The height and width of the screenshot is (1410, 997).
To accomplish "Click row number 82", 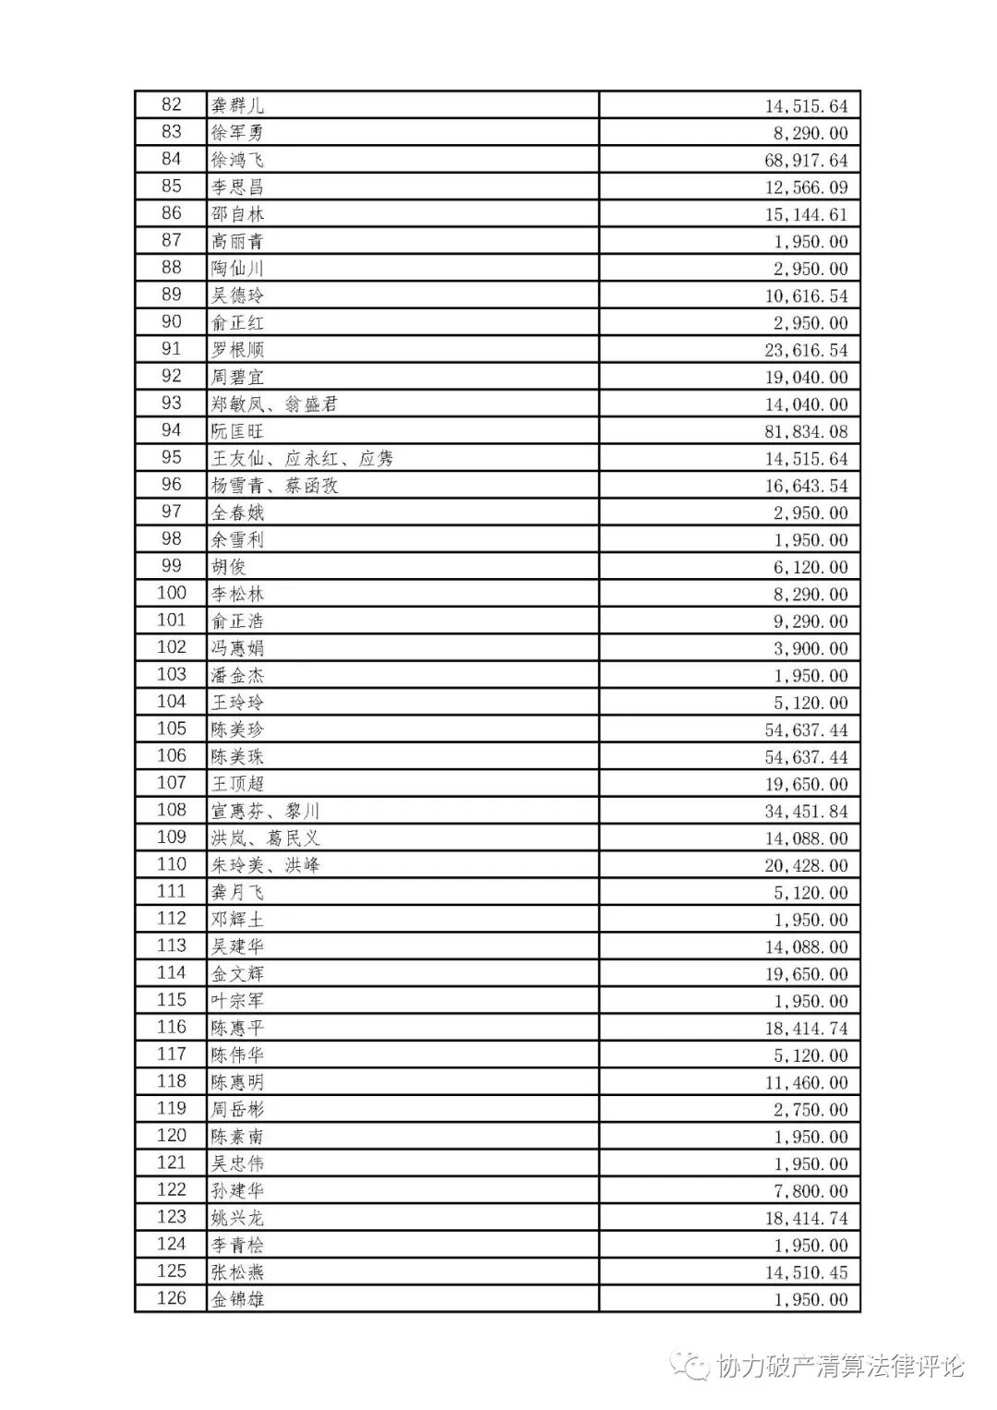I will (172, 105).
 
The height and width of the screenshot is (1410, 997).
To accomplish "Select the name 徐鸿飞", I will (237, 160).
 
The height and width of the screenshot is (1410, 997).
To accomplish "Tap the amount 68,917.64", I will (805, 160).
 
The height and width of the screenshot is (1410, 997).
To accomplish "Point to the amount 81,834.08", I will (805, 431).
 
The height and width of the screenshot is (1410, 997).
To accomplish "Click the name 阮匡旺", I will (237, 431).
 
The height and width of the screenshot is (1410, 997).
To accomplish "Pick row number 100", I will (172, 594).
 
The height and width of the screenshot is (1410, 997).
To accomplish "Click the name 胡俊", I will (228, 567).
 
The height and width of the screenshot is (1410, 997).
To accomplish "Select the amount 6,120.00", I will (810, 567).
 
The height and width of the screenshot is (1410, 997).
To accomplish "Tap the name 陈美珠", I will (237, 757).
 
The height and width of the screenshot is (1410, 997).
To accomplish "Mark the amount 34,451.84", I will (805, 812).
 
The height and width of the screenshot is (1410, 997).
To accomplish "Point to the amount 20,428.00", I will (805, 865).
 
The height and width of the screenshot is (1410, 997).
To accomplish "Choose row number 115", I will (172, 1000).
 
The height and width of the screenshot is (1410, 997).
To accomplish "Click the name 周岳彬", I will (237, 1109).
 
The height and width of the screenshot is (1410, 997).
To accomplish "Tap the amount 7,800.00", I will (810, 1190).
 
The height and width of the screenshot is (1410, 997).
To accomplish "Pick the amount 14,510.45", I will (805, 1272).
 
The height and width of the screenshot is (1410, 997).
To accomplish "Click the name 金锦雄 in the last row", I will (237, 1299).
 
